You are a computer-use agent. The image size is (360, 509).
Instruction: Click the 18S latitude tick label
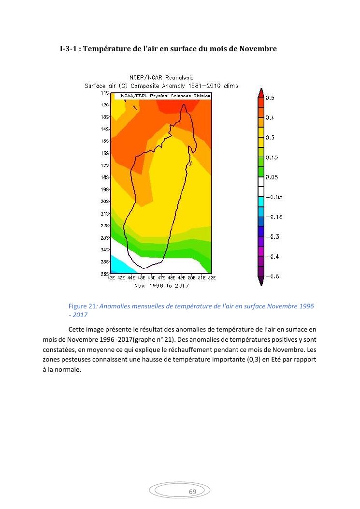(x=105, y=177)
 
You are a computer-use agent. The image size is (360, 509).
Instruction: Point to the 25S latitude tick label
(x=105, y=262)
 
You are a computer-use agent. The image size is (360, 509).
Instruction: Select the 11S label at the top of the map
(x=105, y=92)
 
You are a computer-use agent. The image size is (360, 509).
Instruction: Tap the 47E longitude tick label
(x=161, y=278)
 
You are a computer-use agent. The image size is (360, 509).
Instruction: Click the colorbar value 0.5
(x=270, y=98)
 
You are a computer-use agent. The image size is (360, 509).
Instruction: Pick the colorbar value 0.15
(x=272, y=158)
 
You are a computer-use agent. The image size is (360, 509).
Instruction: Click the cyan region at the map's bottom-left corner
(x=118, y=265)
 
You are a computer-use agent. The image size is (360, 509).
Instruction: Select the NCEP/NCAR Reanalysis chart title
(x=161, y=77)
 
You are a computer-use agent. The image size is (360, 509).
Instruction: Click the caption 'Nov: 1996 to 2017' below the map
(x=161, y=286)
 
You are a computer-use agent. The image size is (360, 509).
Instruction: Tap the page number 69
(x=192, y=492)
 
